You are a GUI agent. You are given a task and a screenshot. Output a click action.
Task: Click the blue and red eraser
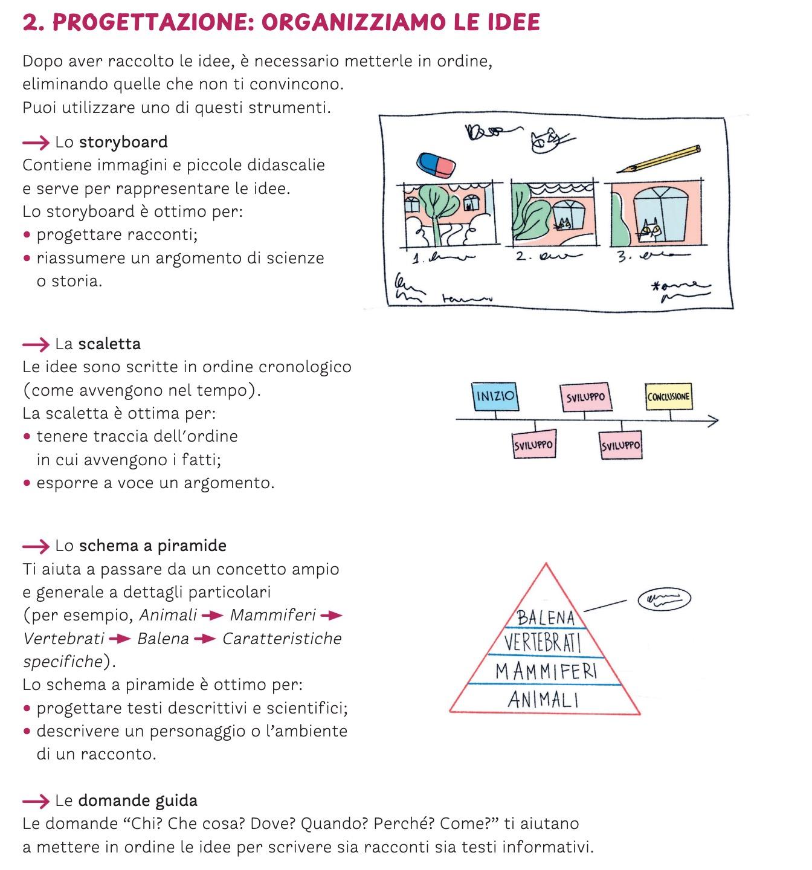pos(437,164)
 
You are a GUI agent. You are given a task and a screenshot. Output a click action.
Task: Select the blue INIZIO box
pos(495,396)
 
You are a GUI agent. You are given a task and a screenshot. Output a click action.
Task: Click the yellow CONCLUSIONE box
pos(668,396)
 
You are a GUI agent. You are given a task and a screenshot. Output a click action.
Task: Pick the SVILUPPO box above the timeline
pos(585,398)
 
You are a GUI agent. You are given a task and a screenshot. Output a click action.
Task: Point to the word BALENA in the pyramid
pos(546,617)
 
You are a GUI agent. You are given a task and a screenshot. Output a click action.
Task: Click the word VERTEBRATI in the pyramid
pos(542,642)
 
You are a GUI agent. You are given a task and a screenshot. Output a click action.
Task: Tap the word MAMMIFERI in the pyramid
pos(546,671)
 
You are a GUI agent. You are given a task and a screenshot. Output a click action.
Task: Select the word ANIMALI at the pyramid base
pos(543,700)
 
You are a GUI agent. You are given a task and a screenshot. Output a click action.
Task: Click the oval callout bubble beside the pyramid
pos(664,599)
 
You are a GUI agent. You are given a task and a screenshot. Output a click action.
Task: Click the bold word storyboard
pos(123,143)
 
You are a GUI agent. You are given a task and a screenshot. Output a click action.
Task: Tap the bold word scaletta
pos(109,344)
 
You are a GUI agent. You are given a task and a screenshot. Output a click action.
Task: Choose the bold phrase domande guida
pos(138,801)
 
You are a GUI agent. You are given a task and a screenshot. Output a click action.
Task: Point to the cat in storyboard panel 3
pos(649,229)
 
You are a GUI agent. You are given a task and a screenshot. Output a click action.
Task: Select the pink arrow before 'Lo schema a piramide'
pos(36,547)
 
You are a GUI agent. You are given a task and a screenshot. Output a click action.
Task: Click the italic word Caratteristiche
pos(282,639)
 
